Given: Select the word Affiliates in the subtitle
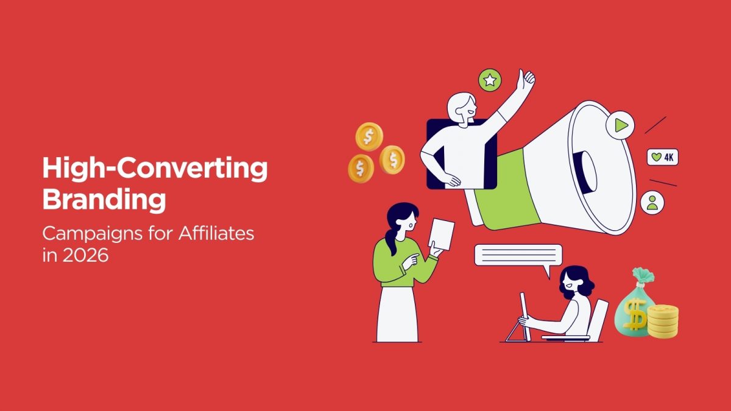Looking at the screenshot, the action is (x=216, y=234).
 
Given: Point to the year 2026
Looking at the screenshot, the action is (x=85, y=255).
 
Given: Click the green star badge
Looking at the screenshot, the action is (x=490, y=80).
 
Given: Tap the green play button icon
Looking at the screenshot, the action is (x=620, y=125).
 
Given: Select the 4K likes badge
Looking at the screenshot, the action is (x=663, y=157).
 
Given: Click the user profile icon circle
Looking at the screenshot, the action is (x=652, y=203).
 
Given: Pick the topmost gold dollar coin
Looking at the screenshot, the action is (x=369, y=136).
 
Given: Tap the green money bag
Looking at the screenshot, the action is (x=633, y=305).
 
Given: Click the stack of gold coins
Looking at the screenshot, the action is (x=663, y=321).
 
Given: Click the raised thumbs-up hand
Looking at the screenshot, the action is (x=525, y=80).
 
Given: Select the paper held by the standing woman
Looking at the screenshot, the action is (x=442, y=234).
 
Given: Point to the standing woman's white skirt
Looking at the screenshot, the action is (x=397, y=314).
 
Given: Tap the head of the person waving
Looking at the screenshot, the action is (x=462, y=108).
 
